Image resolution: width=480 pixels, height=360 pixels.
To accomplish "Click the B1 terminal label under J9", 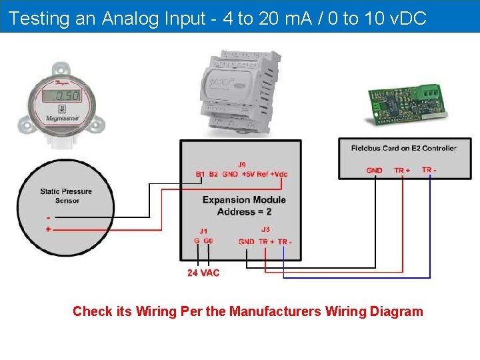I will coord(200,174).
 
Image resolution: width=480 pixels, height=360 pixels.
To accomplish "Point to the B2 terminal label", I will coord(213,174).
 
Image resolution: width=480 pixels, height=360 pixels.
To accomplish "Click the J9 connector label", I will coord(241,164).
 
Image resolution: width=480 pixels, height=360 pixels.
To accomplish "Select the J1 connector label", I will coord(203,231).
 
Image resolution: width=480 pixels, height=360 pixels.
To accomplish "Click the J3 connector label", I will coord(265,230).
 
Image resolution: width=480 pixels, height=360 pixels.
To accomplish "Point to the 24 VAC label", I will coord(203,273).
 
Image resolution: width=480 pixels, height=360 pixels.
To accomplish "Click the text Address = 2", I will coord(244,211).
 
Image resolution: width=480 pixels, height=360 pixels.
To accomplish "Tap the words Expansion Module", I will coord(244,199).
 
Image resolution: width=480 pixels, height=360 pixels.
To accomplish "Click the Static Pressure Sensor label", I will coord(66,196).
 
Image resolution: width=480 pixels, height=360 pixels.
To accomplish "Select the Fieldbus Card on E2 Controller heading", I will coord(403,148).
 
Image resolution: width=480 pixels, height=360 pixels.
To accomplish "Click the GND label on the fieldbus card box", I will coord(375,171).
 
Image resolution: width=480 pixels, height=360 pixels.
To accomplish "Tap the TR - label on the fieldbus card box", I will coord(429,170).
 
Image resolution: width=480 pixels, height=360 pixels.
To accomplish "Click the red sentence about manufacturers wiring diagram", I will coord(247,311).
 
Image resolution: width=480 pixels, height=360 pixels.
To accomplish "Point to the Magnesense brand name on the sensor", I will coord(63,118).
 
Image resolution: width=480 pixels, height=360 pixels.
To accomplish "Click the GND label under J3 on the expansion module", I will coord(247,241).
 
